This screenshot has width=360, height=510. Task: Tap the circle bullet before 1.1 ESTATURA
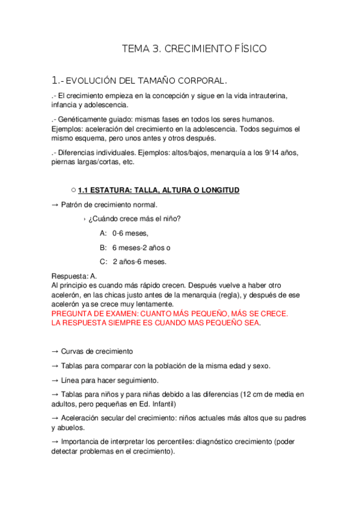click(73, 190)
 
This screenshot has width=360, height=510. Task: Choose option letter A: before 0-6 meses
click(104, 233)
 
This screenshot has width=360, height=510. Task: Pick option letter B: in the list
click(104, 247)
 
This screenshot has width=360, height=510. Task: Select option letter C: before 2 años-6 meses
click(104, 261)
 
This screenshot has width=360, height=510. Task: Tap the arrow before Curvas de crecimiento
click(55, 351)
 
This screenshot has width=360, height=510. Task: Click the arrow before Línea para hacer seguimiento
click(55, 380)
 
